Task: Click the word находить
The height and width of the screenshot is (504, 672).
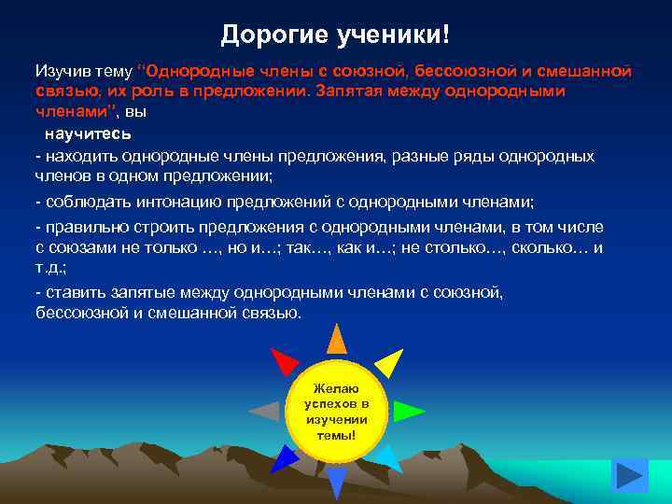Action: [x=77, y=156]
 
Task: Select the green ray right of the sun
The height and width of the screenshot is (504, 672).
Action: [x=407, y=411]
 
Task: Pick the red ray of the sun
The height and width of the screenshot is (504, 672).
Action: [x=283, y=360]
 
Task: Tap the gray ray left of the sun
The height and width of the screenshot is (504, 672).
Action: [x=265, y=411]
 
